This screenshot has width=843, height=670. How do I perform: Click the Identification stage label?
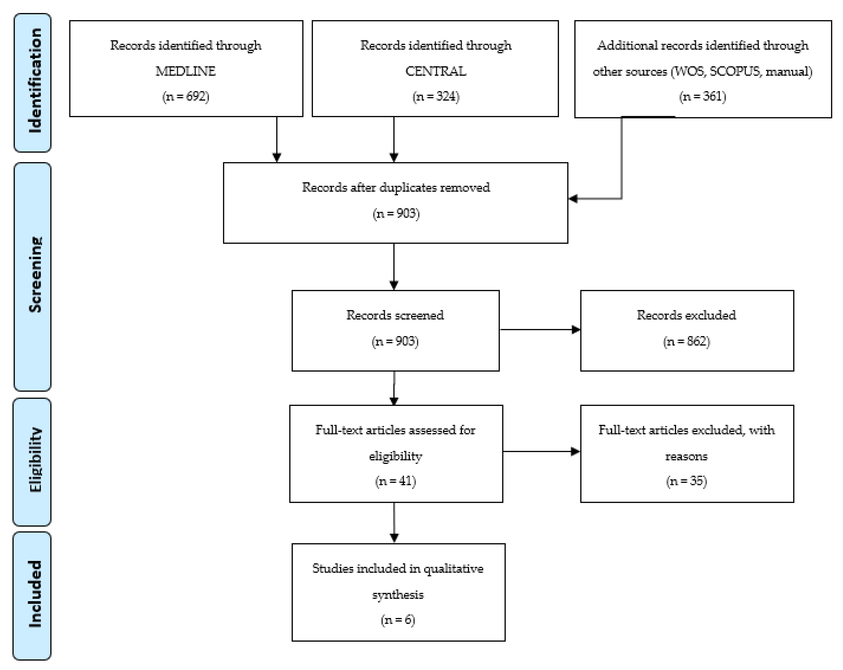[x=34, y=81]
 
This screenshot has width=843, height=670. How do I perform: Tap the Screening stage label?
[x=34, y=275]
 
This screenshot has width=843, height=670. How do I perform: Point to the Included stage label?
[x=34, y=594]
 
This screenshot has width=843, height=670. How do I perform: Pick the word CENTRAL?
[x=435, y=71]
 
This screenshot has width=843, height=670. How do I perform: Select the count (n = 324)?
[x=436, y=96]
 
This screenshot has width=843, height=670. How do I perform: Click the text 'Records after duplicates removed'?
[x=396, y=187]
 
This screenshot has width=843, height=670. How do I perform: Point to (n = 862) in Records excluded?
[x=686, y=341]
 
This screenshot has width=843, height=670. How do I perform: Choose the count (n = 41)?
[x=395, y=481]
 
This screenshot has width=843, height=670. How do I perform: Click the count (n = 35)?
[x=686, y=481]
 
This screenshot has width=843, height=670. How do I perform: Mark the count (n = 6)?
[x=398, y=620]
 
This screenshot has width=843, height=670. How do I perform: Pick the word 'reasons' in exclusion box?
[x=686, y=456]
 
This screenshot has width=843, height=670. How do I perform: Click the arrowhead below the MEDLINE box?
[x=277, y=157]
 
